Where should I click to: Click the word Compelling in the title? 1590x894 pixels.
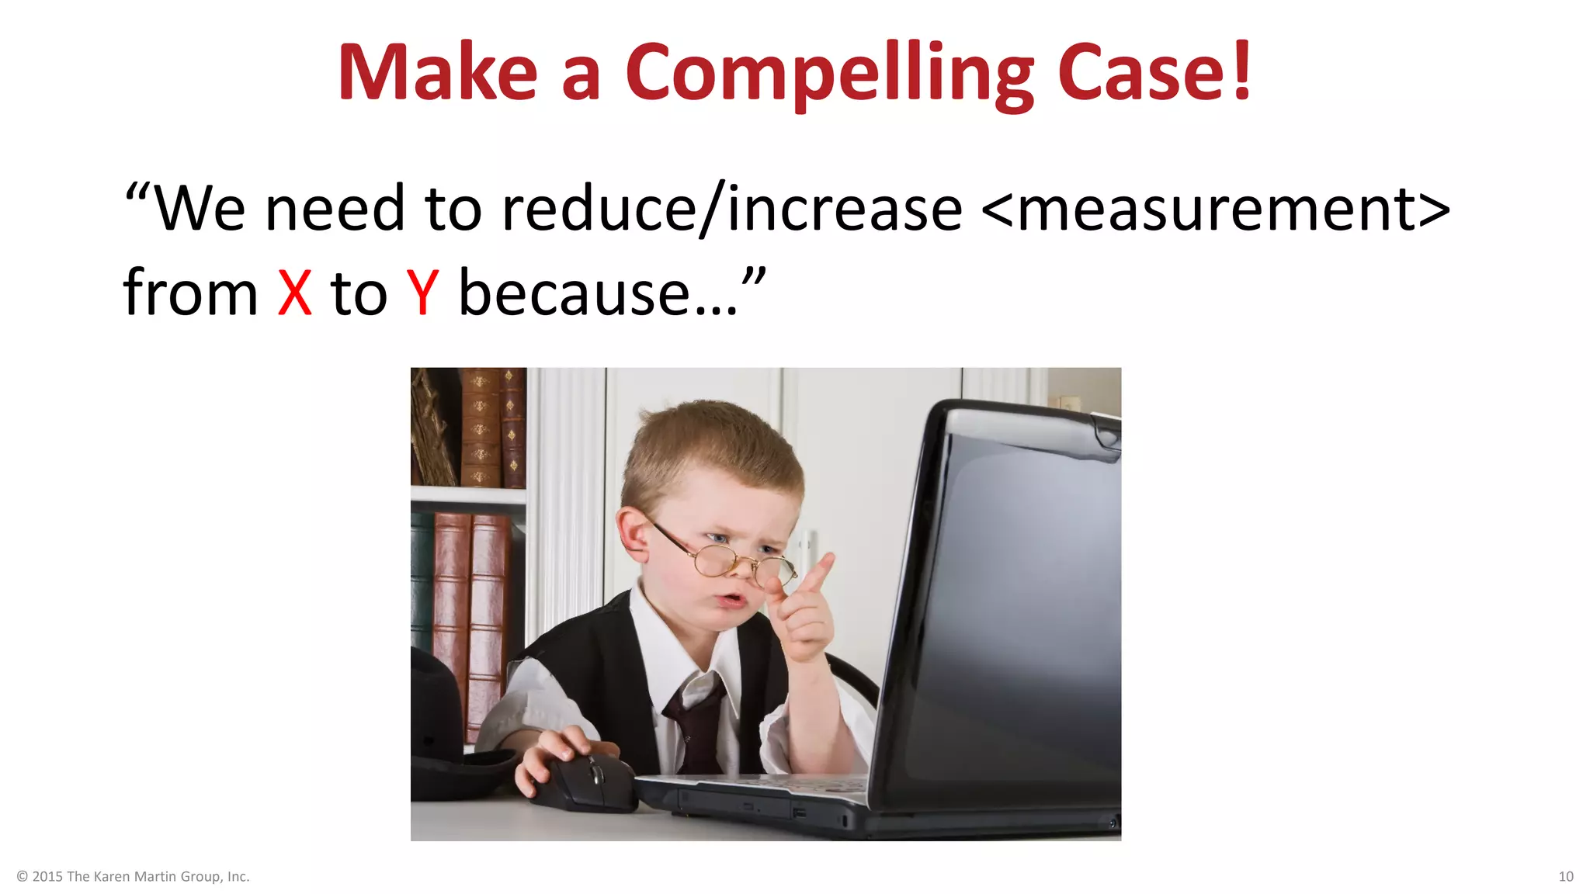(829, 73)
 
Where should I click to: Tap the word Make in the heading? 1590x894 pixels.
(437, 73)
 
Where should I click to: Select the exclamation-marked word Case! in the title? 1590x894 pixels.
(1154, 73)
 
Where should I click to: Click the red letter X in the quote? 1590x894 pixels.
(295, 293)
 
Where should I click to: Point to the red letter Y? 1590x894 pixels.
(423, 293)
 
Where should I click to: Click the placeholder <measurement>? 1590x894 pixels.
(1215, 210)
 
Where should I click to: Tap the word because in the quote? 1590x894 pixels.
(575, 293)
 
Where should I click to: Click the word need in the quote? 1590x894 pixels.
(335, 210)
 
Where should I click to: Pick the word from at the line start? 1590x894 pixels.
(190, 293)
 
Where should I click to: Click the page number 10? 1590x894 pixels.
(1566, 876)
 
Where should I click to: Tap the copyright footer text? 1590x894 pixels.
(133, 876)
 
